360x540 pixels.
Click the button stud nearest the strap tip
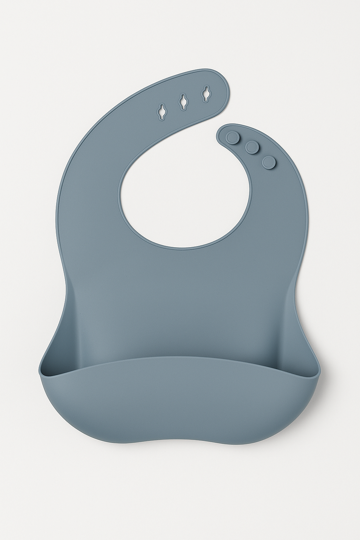[x=232, y=137]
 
